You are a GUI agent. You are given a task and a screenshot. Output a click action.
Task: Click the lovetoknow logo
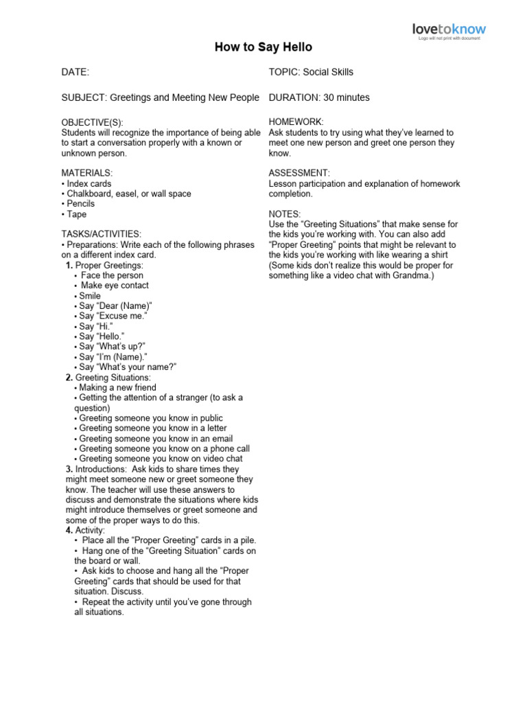[448, 29]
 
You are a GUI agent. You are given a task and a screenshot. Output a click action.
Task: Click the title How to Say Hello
[263, 47]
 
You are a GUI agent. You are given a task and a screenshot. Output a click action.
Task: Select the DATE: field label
[75, 72]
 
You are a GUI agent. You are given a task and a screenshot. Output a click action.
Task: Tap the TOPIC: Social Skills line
[311, 72]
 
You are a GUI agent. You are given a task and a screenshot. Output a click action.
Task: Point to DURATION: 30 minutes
[319, 97]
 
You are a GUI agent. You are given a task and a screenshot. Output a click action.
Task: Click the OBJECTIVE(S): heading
[93, 122]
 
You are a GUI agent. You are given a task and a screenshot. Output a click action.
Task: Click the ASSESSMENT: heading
[299, 174]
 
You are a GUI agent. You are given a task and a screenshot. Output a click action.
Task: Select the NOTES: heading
[285, 214]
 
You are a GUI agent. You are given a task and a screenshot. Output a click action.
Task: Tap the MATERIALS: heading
[87, 174]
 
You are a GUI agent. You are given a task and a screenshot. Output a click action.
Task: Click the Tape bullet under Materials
[76, 214]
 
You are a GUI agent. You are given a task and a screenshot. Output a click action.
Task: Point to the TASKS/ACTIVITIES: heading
[102, 235]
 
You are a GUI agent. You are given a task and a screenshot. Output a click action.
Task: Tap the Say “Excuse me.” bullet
[113, 316]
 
